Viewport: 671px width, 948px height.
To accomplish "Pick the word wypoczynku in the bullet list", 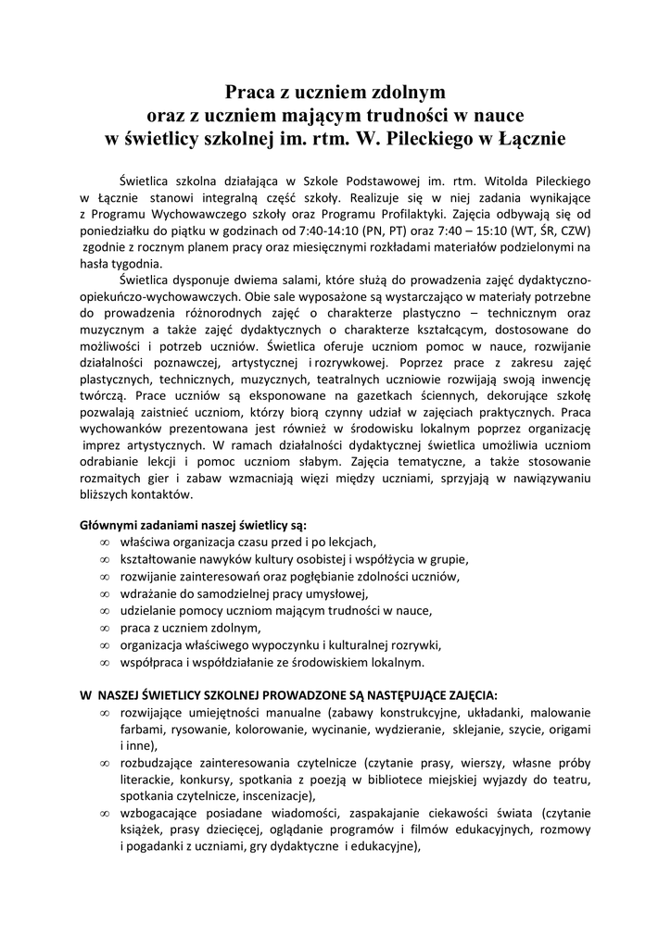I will (x=285, y=646).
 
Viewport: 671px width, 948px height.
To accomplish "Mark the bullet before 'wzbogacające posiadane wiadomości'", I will (x=105, y=813).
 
